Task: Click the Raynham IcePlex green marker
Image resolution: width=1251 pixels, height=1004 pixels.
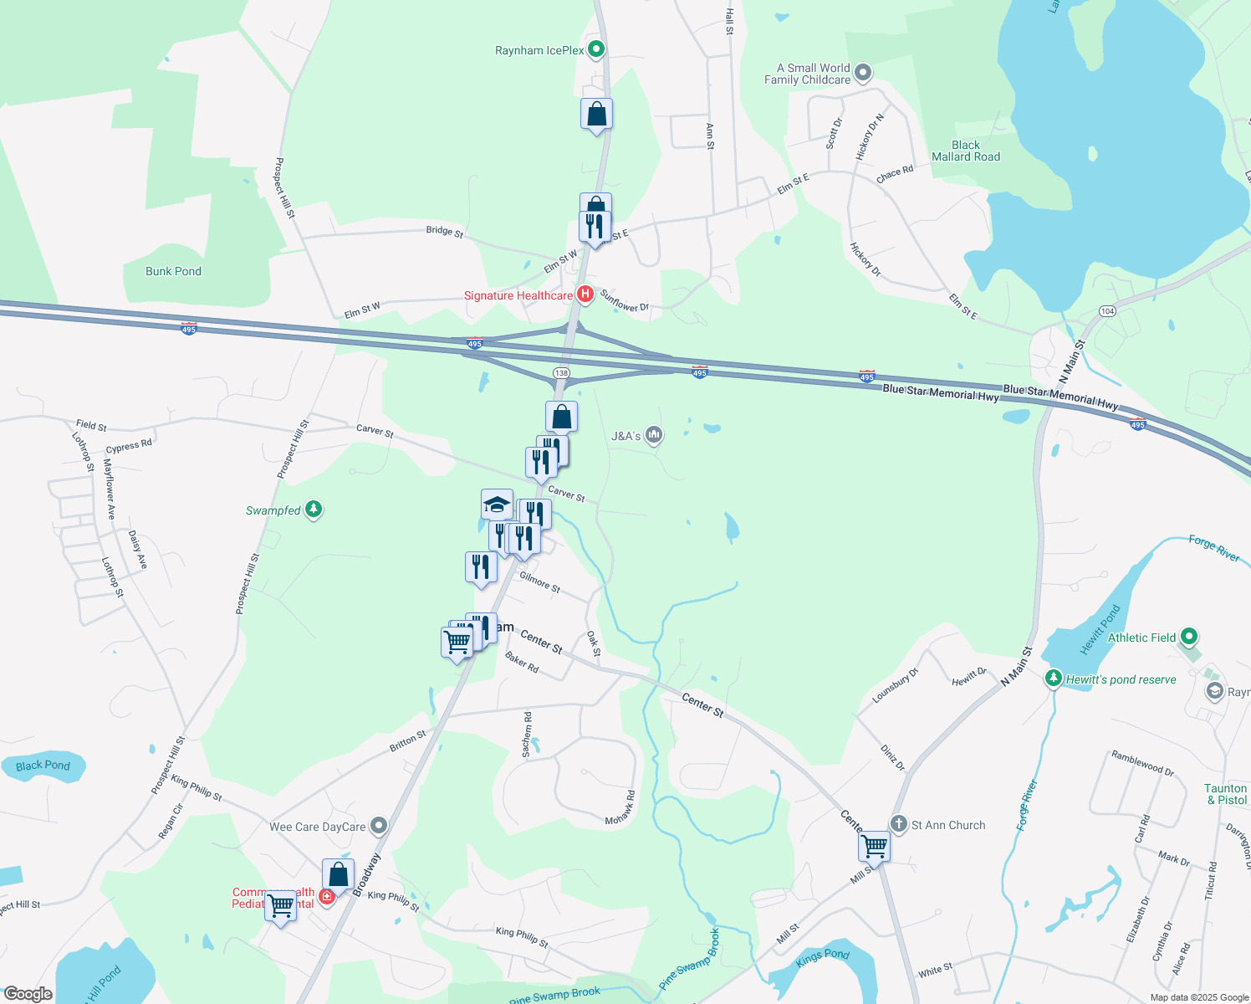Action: click(596, 50)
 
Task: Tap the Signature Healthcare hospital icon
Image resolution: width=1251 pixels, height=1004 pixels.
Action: click(585, 295)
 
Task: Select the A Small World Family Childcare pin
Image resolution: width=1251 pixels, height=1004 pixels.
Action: click(864, 74)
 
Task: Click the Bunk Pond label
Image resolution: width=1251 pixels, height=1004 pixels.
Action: click(173, 271)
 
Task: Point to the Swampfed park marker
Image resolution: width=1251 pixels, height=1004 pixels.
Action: click(314, 510)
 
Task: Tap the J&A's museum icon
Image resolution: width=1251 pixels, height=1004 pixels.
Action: click(654, 435)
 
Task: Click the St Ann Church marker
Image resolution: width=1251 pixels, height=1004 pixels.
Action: click(899, 824)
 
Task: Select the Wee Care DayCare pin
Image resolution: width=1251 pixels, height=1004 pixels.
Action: click(379, 827)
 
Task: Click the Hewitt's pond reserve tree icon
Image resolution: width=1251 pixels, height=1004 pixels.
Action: click(1054, 679)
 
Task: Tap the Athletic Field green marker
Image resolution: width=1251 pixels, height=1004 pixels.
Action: click(1190, 638)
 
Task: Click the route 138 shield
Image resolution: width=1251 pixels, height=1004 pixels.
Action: click(561, 373)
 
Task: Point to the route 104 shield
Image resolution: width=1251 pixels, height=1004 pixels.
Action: click(1107, 311)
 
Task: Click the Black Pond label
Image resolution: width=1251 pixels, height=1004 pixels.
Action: click(43, 766)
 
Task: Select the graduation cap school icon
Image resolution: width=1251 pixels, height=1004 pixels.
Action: click(497, 504)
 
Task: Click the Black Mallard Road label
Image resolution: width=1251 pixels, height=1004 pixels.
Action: click(966, 151)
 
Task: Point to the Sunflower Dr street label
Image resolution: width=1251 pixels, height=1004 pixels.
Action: click(624, 301)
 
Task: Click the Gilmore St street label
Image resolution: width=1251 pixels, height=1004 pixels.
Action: click(539, 582)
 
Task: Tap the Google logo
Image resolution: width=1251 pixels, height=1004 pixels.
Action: click(28, 993)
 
